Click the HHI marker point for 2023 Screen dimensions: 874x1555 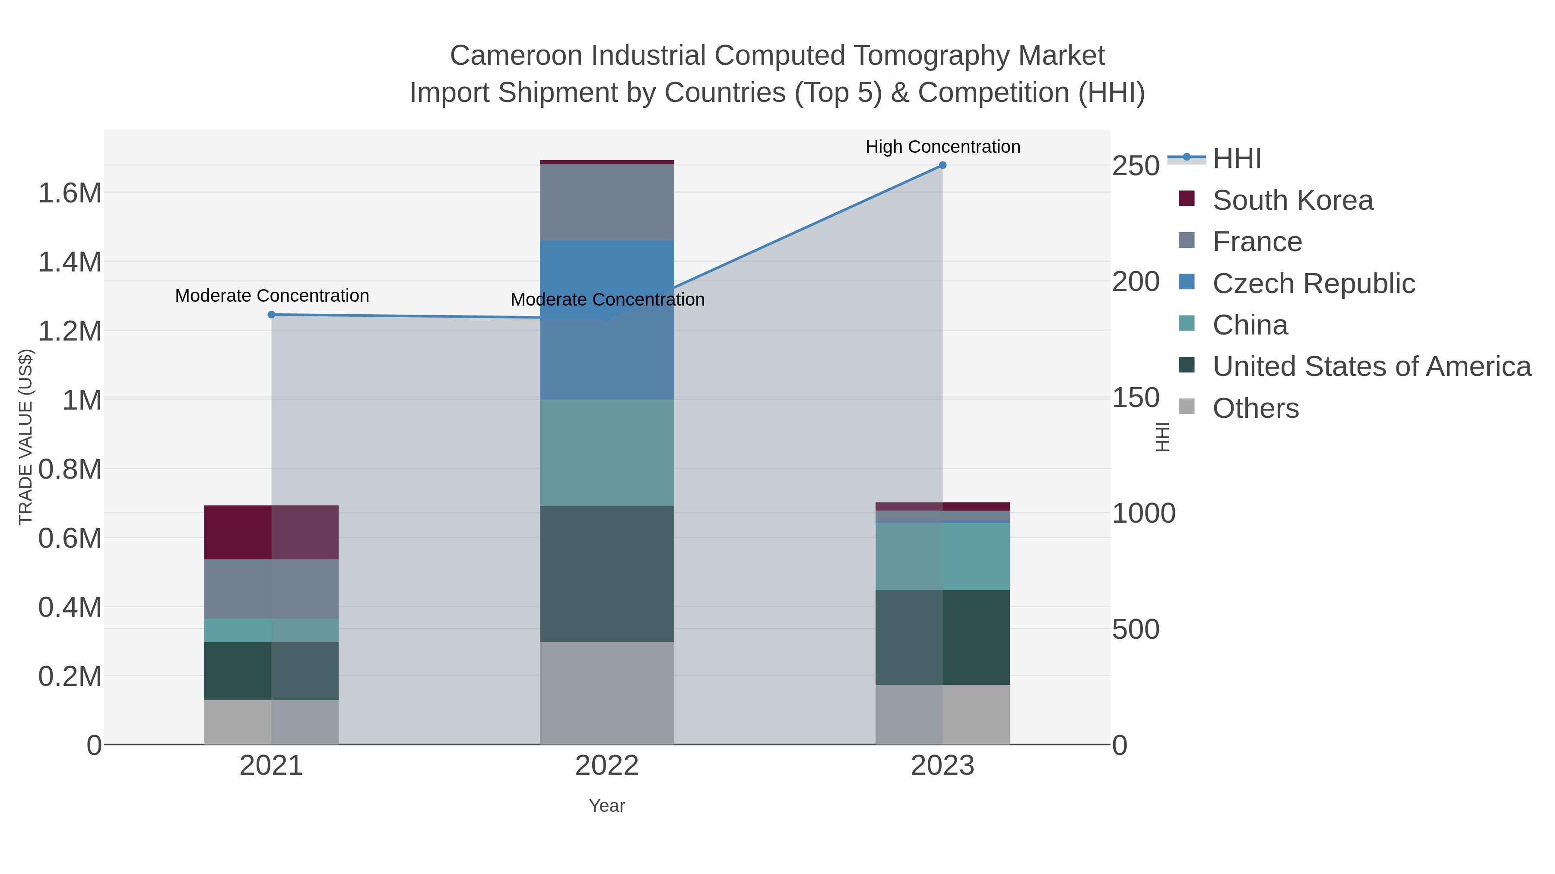(943, 165)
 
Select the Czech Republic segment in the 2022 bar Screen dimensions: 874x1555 (607, 320)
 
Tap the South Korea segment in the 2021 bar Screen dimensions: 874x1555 (271, 532)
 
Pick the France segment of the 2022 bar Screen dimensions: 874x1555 (607, 202)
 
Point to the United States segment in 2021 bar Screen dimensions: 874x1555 (271, 671)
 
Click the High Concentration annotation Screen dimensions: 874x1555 (943, 147)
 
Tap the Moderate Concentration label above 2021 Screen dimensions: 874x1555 (272, 296)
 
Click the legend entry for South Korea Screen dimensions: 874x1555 (1292, 200)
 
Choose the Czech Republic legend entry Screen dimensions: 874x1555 (1314, 284)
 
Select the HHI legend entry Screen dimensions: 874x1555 (1237, 159)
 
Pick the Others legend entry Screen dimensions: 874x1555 (1256, 408)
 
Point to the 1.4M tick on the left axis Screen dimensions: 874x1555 (70, 262)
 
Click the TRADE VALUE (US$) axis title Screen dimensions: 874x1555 (26, 437)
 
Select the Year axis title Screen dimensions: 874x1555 (607, 806)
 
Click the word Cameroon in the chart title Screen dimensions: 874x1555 (516, 56)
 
